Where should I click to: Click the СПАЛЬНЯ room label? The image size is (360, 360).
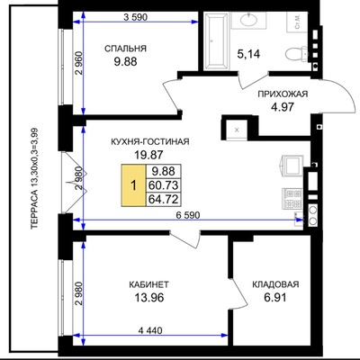[125, 49]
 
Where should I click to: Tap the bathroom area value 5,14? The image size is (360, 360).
[248, 54]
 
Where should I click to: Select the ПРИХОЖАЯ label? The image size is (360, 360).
[283, 94]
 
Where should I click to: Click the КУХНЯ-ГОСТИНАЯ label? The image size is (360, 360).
[150, 141]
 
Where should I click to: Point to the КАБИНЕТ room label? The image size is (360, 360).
[148, 284]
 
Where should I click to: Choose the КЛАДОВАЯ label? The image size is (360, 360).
[275, 284]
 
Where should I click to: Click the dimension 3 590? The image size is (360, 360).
[136, 17]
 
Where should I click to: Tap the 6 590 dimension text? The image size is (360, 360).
[188, 215]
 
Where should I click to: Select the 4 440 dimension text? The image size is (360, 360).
[150, 330]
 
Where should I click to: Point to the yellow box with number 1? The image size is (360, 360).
[133, 185]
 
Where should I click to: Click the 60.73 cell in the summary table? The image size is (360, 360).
[164, 185]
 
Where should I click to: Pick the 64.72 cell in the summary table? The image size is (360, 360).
[164, 199]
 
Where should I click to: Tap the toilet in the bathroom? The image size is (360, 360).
[296, 54]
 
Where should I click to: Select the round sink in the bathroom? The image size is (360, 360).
[248, 20]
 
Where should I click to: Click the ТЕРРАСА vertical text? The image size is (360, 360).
[35, 179]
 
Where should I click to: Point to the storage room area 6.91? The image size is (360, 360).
[275, 298]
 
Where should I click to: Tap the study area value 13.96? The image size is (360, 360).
[149, 298]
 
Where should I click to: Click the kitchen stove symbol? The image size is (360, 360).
[292, 198]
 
